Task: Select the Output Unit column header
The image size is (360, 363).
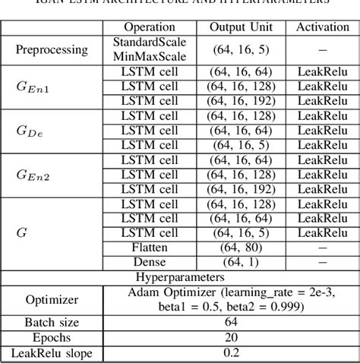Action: (242, 27)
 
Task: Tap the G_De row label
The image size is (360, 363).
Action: (31, 130)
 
